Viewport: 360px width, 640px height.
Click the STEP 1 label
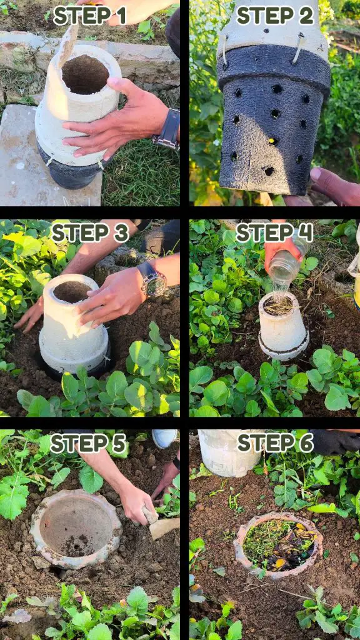[90, 16]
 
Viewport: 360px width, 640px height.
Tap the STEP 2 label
[275, 16]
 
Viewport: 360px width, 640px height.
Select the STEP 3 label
[90, 233]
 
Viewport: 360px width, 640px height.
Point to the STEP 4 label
[275, 233]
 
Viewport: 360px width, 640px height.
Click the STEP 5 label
[88, 444]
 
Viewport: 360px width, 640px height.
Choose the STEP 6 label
[276, 443]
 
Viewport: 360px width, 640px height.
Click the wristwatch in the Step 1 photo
[167, 129]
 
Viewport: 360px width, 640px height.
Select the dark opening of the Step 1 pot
[85, 74]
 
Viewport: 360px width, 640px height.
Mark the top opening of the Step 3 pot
[72, 292]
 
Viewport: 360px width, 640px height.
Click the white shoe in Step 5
[164, 438]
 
